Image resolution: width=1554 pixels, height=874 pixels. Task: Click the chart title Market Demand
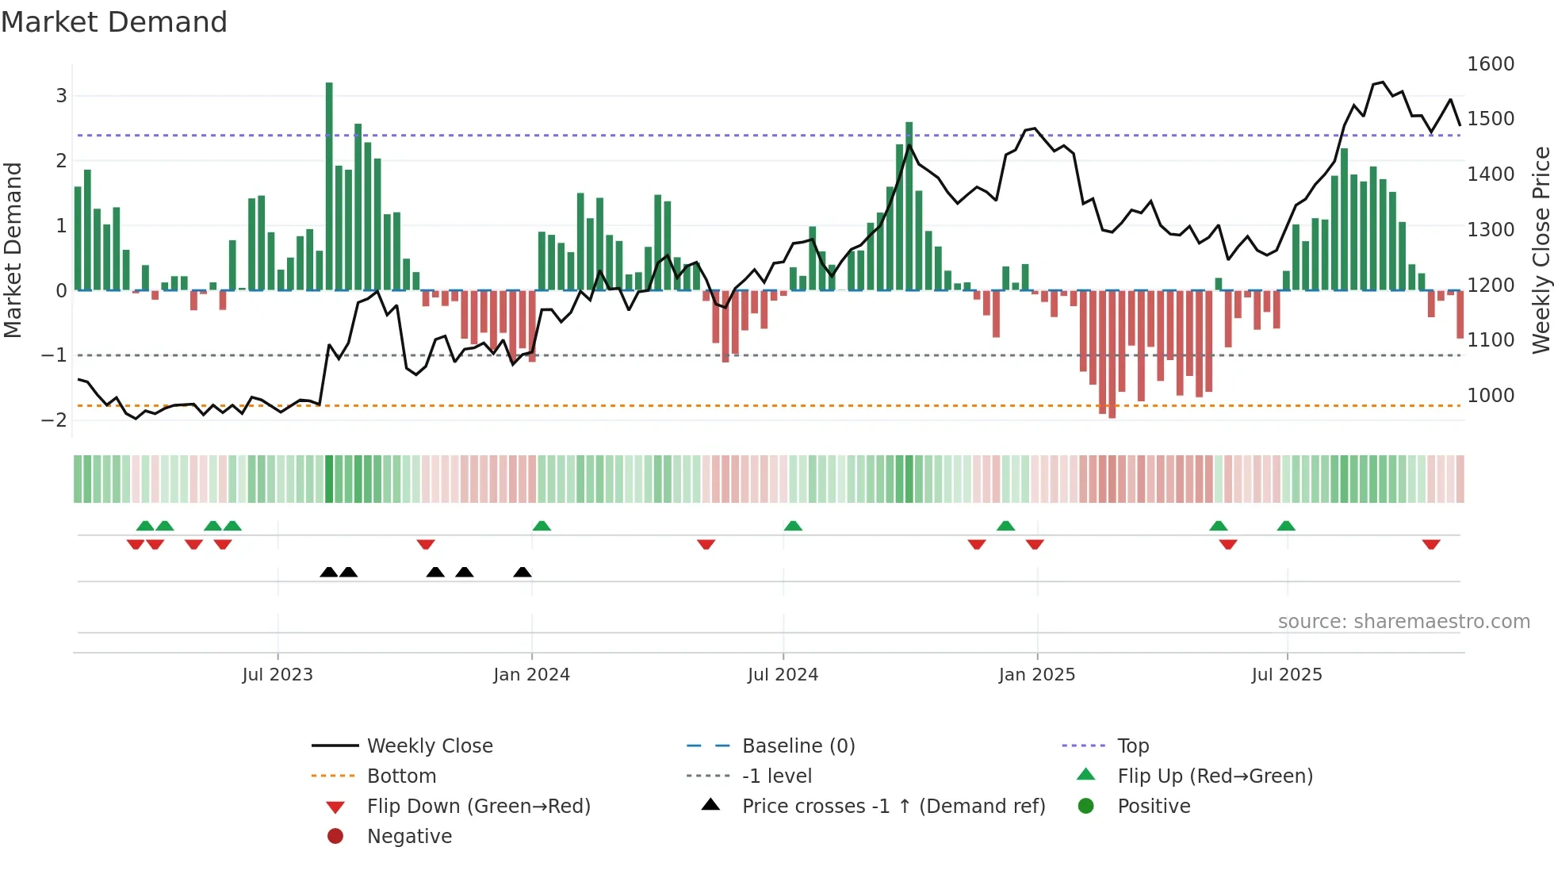click(x=114, y=22)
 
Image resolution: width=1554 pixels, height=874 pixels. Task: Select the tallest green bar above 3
click(x=329, y=186)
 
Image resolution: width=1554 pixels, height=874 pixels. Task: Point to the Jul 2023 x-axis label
click(x=277, y=675)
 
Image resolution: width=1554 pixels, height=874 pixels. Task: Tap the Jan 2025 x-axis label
click(x=1036, y=675)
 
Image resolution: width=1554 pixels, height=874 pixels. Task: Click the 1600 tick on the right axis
click(x=1490, y=64)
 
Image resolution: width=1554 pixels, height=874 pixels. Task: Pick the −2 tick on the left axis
click(x=54, y=420)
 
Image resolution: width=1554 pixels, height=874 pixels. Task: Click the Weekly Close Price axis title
click(x=1541, y=250)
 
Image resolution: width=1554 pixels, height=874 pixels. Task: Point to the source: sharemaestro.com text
click(x=1403, y=622)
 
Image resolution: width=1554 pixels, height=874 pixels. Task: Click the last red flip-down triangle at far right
click(x=1431, y=544)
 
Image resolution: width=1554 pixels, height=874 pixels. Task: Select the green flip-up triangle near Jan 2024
click(x=542, y=526)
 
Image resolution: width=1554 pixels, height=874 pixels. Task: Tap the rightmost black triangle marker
click(x=522, y=572)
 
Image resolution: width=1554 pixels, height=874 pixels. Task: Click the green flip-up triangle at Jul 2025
click(x=1286, y=526)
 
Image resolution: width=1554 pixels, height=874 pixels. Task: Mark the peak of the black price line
click(x=1383, y=82)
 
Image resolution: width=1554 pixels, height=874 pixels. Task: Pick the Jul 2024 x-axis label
click(x=783, y=675)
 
